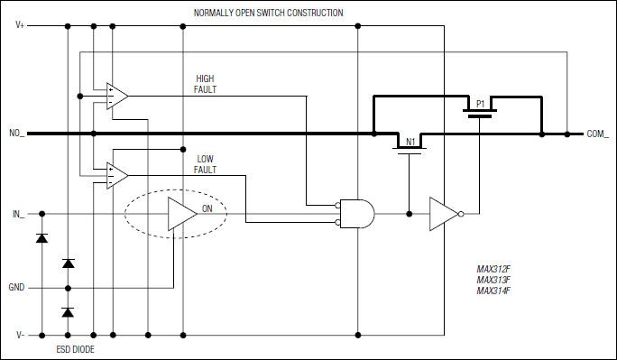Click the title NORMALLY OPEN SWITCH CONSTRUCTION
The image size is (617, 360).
268,13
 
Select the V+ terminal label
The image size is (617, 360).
20,25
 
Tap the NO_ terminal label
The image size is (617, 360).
16,134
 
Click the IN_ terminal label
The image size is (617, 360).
18,214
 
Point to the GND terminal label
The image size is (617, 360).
18,288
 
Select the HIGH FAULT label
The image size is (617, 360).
206,84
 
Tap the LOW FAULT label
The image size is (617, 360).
207,163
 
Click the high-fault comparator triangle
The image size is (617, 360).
115,95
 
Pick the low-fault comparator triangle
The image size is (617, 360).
115,173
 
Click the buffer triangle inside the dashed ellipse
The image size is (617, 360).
180,215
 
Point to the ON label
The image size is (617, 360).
207,208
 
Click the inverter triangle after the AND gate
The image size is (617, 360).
443,214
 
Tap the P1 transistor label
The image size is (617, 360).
481,102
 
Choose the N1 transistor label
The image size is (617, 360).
410,143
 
